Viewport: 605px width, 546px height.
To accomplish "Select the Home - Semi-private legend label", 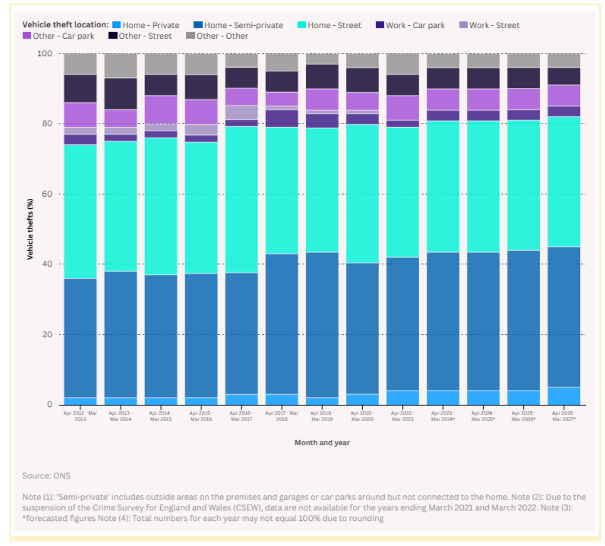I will click(x=243, y=26).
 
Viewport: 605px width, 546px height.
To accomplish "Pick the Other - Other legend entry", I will click(x=217, y=36).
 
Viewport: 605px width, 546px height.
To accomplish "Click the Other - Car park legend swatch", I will click(x=27, y=36).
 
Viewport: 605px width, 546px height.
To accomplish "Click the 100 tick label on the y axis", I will click(x=44, y=54).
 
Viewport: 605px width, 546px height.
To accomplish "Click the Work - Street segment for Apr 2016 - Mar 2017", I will click(x=242, y=113).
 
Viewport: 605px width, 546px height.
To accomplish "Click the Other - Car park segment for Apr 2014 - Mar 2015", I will click(x=161, y=109).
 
